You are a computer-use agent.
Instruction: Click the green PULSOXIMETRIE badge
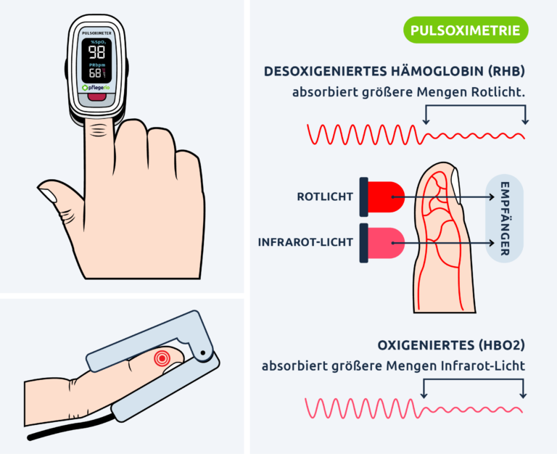466,30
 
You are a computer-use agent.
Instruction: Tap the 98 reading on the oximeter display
96,52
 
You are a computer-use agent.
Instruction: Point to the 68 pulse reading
95,73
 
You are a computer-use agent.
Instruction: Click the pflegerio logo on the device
96,88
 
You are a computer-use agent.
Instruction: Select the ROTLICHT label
325,197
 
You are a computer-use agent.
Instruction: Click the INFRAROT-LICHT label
305,242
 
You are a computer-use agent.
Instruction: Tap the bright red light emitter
386,197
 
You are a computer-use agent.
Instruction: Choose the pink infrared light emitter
386,243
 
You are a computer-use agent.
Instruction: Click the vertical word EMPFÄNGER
505,218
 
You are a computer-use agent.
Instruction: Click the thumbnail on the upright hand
49,195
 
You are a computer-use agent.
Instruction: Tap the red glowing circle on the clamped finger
162,358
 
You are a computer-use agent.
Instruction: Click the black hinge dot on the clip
203,352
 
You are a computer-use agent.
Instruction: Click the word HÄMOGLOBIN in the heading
437,71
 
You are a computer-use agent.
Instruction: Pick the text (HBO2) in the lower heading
501,345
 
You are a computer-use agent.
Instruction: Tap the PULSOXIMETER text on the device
96,33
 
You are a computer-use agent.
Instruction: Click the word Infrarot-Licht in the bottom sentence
483,366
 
